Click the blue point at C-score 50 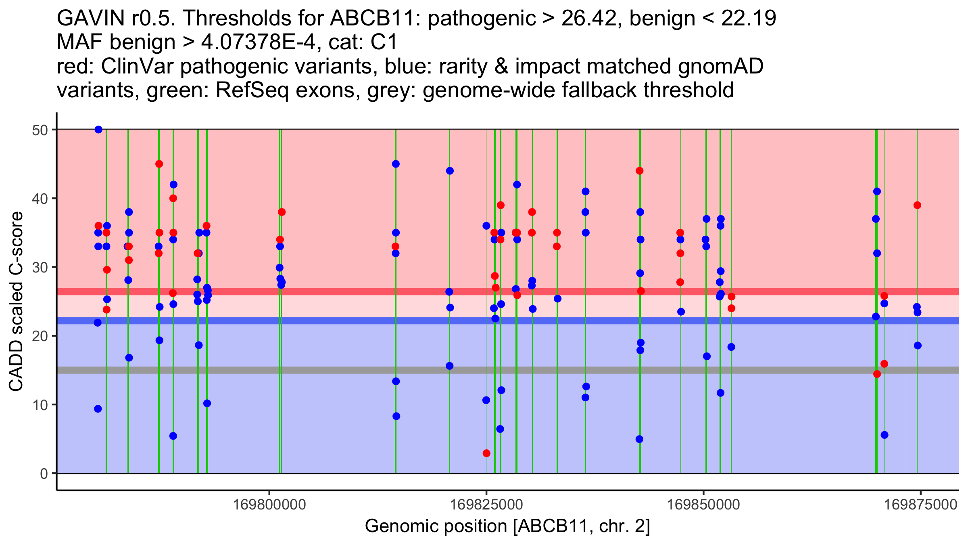coord(98,130)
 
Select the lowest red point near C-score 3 coord(486,453)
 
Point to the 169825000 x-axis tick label coord(486,505)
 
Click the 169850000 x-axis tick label coord(704,505)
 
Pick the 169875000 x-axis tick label coord(921,505)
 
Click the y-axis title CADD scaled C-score coord(16,302)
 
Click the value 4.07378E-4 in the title coord(258,42)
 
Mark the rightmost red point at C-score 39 coord(917,205)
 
